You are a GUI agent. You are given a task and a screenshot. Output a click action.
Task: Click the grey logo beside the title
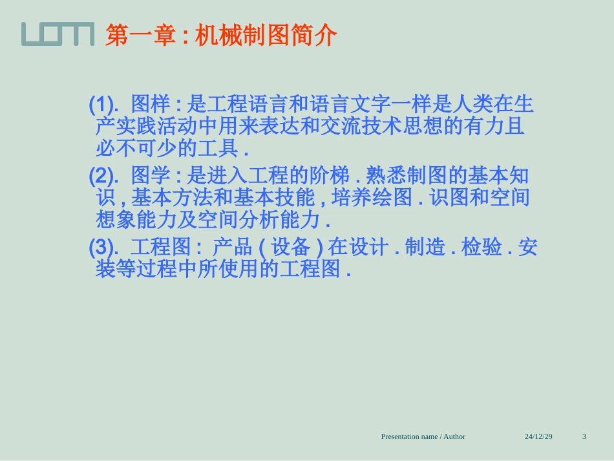click(57, 34)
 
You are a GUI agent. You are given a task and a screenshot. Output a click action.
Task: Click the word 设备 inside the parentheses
click(291, 247)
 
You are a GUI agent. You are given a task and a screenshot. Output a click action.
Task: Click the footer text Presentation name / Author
click(423, 436)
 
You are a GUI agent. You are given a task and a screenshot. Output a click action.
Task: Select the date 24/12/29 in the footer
click(538, 436)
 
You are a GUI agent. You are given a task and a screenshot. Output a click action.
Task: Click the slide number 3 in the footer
click(584, 436)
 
